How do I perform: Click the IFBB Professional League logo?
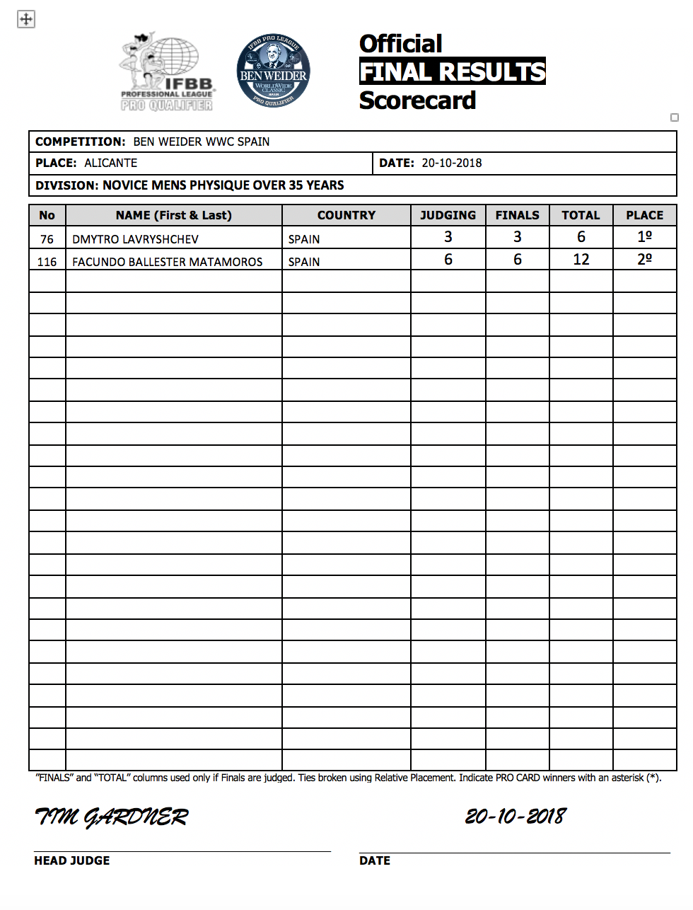(x=167, y=72)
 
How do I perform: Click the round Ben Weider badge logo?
(x=274, y=71)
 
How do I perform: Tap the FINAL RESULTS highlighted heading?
(x=453, y=71)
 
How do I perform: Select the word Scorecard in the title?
(x=417, y=100)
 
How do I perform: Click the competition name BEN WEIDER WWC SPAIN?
(x=202, y=142)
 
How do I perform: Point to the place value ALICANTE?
(x=111, y=163)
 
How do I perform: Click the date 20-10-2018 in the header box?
(x=452, y=163)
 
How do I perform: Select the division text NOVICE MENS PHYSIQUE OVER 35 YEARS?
(x=223, y=185)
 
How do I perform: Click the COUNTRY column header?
(x=346, y=215)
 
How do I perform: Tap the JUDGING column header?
(x=448, y=215)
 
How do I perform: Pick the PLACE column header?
(x=644, y=215)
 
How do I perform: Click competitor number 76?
(x=47, y=239)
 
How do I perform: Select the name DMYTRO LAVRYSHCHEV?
(x=136, y=239)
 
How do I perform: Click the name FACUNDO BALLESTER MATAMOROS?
(x=168, y=262)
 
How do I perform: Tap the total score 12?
(x=581, y=260)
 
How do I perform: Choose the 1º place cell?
(x=644, y=237)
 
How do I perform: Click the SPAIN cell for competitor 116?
(x=304, y=262)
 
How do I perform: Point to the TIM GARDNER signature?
(x=112, y=817)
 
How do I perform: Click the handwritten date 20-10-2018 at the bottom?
(x=516, y=817)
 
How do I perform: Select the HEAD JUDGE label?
(x=72, y=860)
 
